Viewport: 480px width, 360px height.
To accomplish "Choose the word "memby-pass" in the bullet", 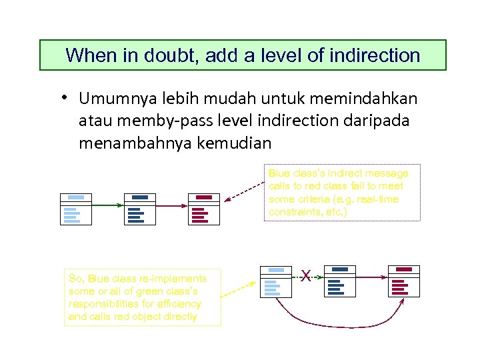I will pyautogui.click(x=148, y=121).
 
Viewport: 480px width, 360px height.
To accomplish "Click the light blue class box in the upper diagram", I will pyautogui.click(x=76, y=209).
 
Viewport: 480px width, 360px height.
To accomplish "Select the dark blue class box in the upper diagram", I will pyautogui.click(x=139, y=209).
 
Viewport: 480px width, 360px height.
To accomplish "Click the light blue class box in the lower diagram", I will pyautogui.click(x=276, y=281).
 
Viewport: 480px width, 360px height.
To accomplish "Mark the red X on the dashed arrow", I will pyautogui.click(x=306, y=274).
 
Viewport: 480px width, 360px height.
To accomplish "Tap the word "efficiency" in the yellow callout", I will pyautogui.click(x=175, y=303).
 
